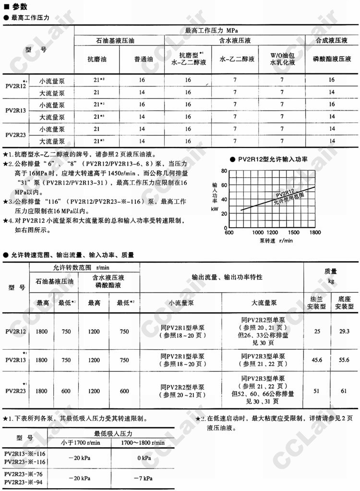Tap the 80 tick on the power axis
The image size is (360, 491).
[223, 171]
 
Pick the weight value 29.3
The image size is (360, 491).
[342, 331]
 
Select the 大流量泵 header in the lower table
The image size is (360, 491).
[264, 302]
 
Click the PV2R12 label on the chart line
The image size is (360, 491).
[285, 193]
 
